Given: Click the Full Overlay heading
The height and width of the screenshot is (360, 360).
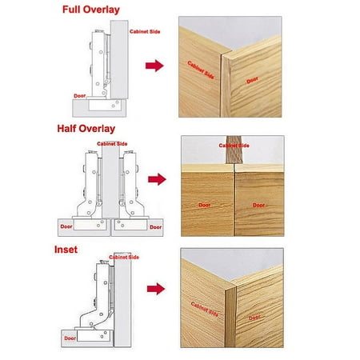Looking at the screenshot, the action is [x=91, y=10].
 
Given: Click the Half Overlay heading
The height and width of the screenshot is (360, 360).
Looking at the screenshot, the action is [x=86, y=129].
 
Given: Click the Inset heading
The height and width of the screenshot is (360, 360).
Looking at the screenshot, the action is [x=66, y=250].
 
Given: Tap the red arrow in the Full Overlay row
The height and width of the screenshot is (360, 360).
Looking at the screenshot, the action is [x=154, y=66].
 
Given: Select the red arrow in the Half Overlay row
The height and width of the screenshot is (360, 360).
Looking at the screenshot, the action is [x=157, y=179].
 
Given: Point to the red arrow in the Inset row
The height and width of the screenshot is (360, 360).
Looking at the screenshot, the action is [x=156, y=289].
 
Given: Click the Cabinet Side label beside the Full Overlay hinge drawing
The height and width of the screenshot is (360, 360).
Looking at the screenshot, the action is [x=145, y=31].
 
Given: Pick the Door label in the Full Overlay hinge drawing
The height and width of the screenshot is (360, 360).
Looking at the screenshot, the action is [x=80, y=96].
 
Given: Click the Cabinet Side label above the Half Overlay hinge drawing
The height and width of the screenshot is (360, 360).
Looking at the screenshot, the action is [x=112, y=144].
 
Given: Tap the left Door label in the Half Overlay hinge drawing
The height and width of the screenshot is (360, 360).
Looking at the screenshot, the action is [x=66, y=226].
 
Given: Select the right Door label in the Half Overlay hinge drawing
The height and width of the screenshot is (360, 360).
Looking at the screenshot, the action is [x=156, y=227].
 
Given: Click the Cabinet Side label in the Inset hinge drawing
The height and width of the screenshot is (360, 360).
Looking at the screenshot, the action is [x=124, y=257].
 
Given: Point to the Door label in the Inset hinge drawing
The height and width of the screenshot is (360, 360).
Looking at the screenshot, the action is [x=70, y=338].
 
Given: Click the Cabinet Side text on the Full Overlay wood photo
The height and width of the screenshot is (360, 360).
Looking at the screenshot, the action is [x=201, y=70].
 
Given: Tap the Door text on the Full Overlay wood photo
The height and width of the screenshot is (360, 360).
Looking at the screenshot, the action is [x=252, y=80].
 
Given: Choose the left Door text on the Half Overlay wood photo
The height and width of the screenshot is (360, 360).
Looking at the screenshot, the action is [x=205, y=205].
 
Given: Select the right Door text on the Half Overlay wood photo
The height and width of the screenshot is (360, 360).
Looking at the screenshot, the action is [x=259, y=205].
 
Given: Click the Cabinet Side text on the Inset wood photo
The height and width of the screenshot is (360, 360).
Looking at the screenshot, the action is [x=205, y=310].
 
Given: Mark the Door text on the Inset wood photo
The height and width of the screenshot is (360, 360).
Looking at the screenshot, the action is [x=254, y=318].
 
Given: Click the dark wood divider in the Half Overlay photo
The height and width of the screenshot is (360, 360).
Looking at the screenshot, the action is [x=234, y=150].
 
